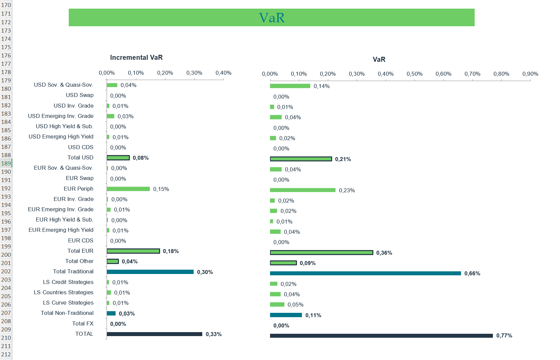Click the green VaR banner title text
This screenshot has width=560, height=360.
pos(272,18)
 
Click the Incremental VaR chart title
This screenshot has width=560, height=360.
pos(136,57)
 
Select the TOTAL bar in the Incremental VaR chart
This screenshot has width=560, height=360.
pos(154,334)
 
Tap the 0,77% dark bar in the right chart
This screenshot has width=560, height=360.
pos(381,336)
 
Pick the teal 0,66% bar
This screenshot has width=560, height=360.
pos(365,273)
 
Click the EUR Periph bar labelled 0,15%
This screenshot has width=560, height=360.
pos(128,189)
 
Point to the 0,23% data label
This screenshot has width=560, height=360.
pos(347,190)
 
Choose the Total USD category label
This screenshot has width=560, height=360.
pos(80,157)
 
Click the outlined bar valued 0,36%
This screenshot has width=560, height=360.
pos(322,253)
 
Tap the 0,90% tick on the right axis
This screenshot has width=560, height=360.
pos(530,74)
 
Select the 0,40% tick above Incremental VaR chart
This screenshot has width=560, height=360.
pos(223,73)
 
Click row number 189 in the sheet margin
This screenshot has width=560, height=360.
pos(6,163)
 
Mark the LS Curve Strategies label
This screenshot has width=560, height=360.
pos(68,303)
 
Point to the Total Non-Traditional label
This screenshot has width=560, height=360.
pos(67,313)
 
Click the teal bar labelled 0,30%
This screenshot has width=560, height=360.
pos(150,272)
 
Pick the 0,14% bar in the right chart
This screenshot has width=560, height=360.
pos(290,86)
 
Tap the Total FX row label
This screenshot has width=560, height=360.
pos(83,323)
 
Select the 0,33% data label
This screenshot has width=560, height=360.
pos(214,334)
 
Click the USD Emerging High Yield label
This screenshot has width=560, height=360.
pos(61,136)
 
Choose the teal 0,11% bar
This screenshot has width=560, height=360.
pos(286,315)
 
